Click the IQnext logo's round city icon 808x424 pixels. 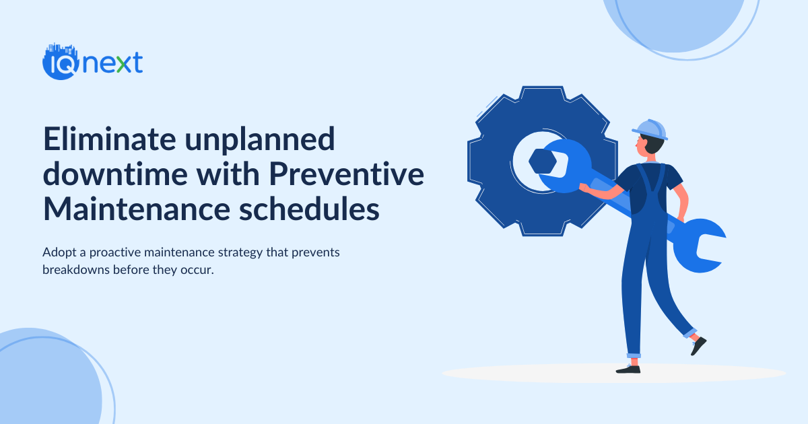pos(57,63)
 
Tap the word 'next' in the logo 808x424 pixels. pos(112,63)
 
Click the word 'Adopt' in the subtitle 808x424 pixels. pos(57,252)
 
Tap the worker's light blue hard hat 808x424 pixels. pos(650,129)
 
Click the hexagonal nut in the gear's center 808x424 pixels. pos(541,162)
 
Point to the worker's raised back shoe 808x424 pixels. pos(698,345)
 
